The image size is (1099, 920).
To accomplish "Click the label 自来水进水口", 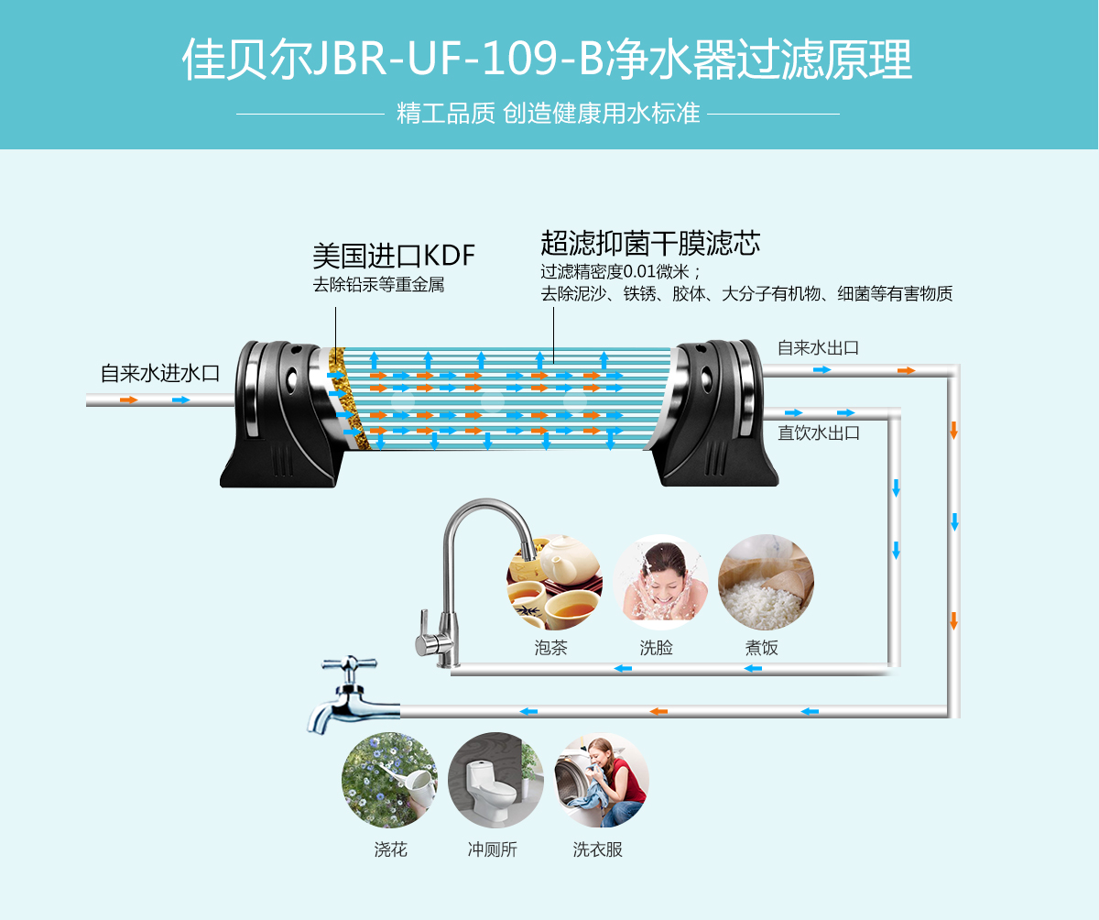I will tap(160, 374).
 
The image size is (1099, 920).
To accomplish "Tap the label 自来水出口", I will tap(818, 348).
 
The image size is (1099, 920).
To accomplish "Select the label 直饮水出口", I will tap(819, 433).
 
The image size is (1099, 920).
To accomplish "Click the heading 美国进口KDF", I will tap(394, 254).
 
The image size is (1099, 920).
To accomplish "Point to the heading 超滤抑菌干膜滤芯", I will tap(650, 243).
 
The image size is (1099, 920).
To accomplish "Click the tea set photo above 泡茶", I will tap(554, 582).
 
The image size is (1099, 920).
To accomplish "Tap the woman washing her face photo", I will tap(659, 582).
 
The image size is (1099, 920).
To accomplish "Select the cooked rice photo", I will tap(766, 582).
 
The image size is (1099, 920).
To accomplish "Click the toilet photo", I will tap(495, 780).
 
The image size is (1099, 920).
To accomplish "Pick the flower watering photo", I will tap(389, 780).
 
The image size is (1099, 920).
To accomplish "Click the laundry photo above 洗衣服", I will tap(602, 780).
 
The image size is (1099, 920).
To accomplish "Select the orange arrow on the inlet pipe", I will tap(129, 400).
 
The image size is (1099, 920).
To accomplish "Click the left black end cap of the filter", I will tap(275, 412).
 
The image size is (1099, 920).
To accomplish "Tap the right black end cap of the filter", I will tap(719, 412).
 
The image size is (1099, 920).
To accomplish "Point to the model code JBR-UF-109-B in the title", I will tap(458, 60).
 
